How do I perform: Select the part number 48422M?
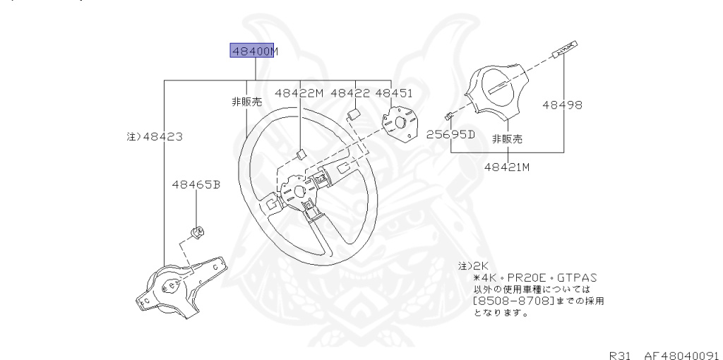coord(299,92)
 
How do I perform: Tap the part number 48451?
coord(394,92)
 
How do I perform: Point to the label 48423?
coord(150,136)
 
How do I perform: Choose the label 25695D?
coord(451,134)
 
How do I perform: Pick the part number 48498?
coord(562,105)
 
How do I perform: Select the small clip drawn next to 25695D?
coord(448,116)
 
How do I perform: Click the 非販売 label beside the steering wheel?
coord(246,102)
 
